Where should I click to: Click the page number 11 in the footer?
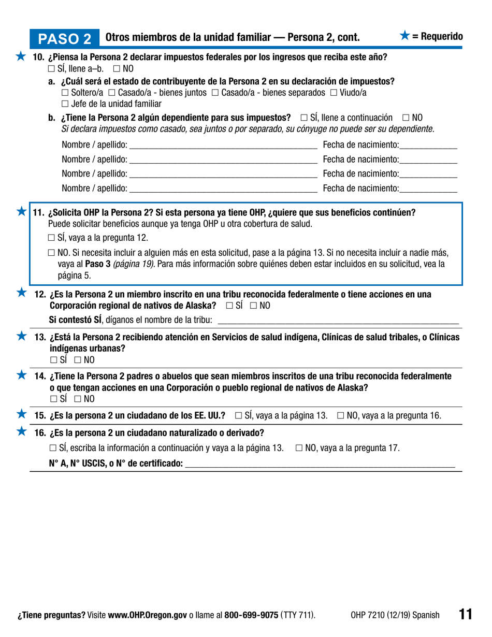click(465, 614)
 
